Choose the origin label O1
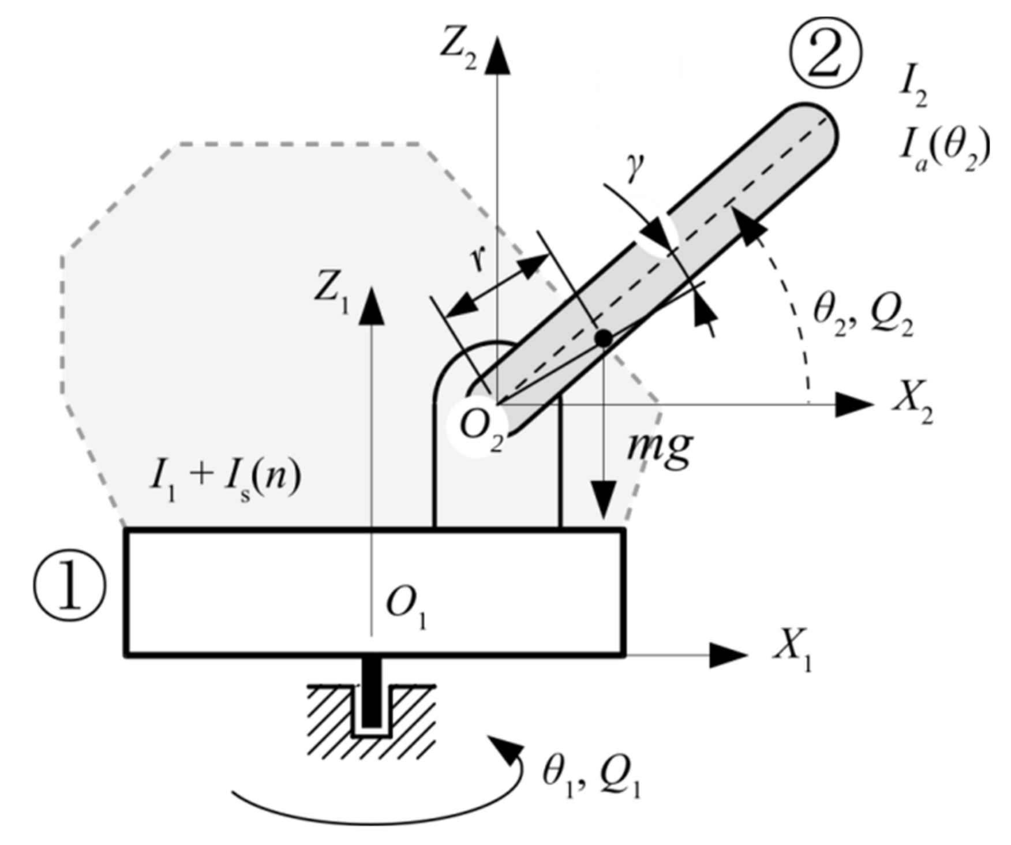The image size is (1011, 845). click(406, 609)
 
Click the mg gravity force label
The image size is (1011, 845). click(660, 448)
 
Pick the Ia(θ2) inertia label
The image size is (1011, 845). click(943, 149)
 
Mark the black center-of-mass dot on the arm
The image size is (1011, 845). click(603, 338)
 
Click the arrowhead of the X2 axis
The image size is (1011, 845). click(855, 405)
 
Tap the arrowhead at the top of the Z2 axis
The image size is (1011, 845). click(497, 55)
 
